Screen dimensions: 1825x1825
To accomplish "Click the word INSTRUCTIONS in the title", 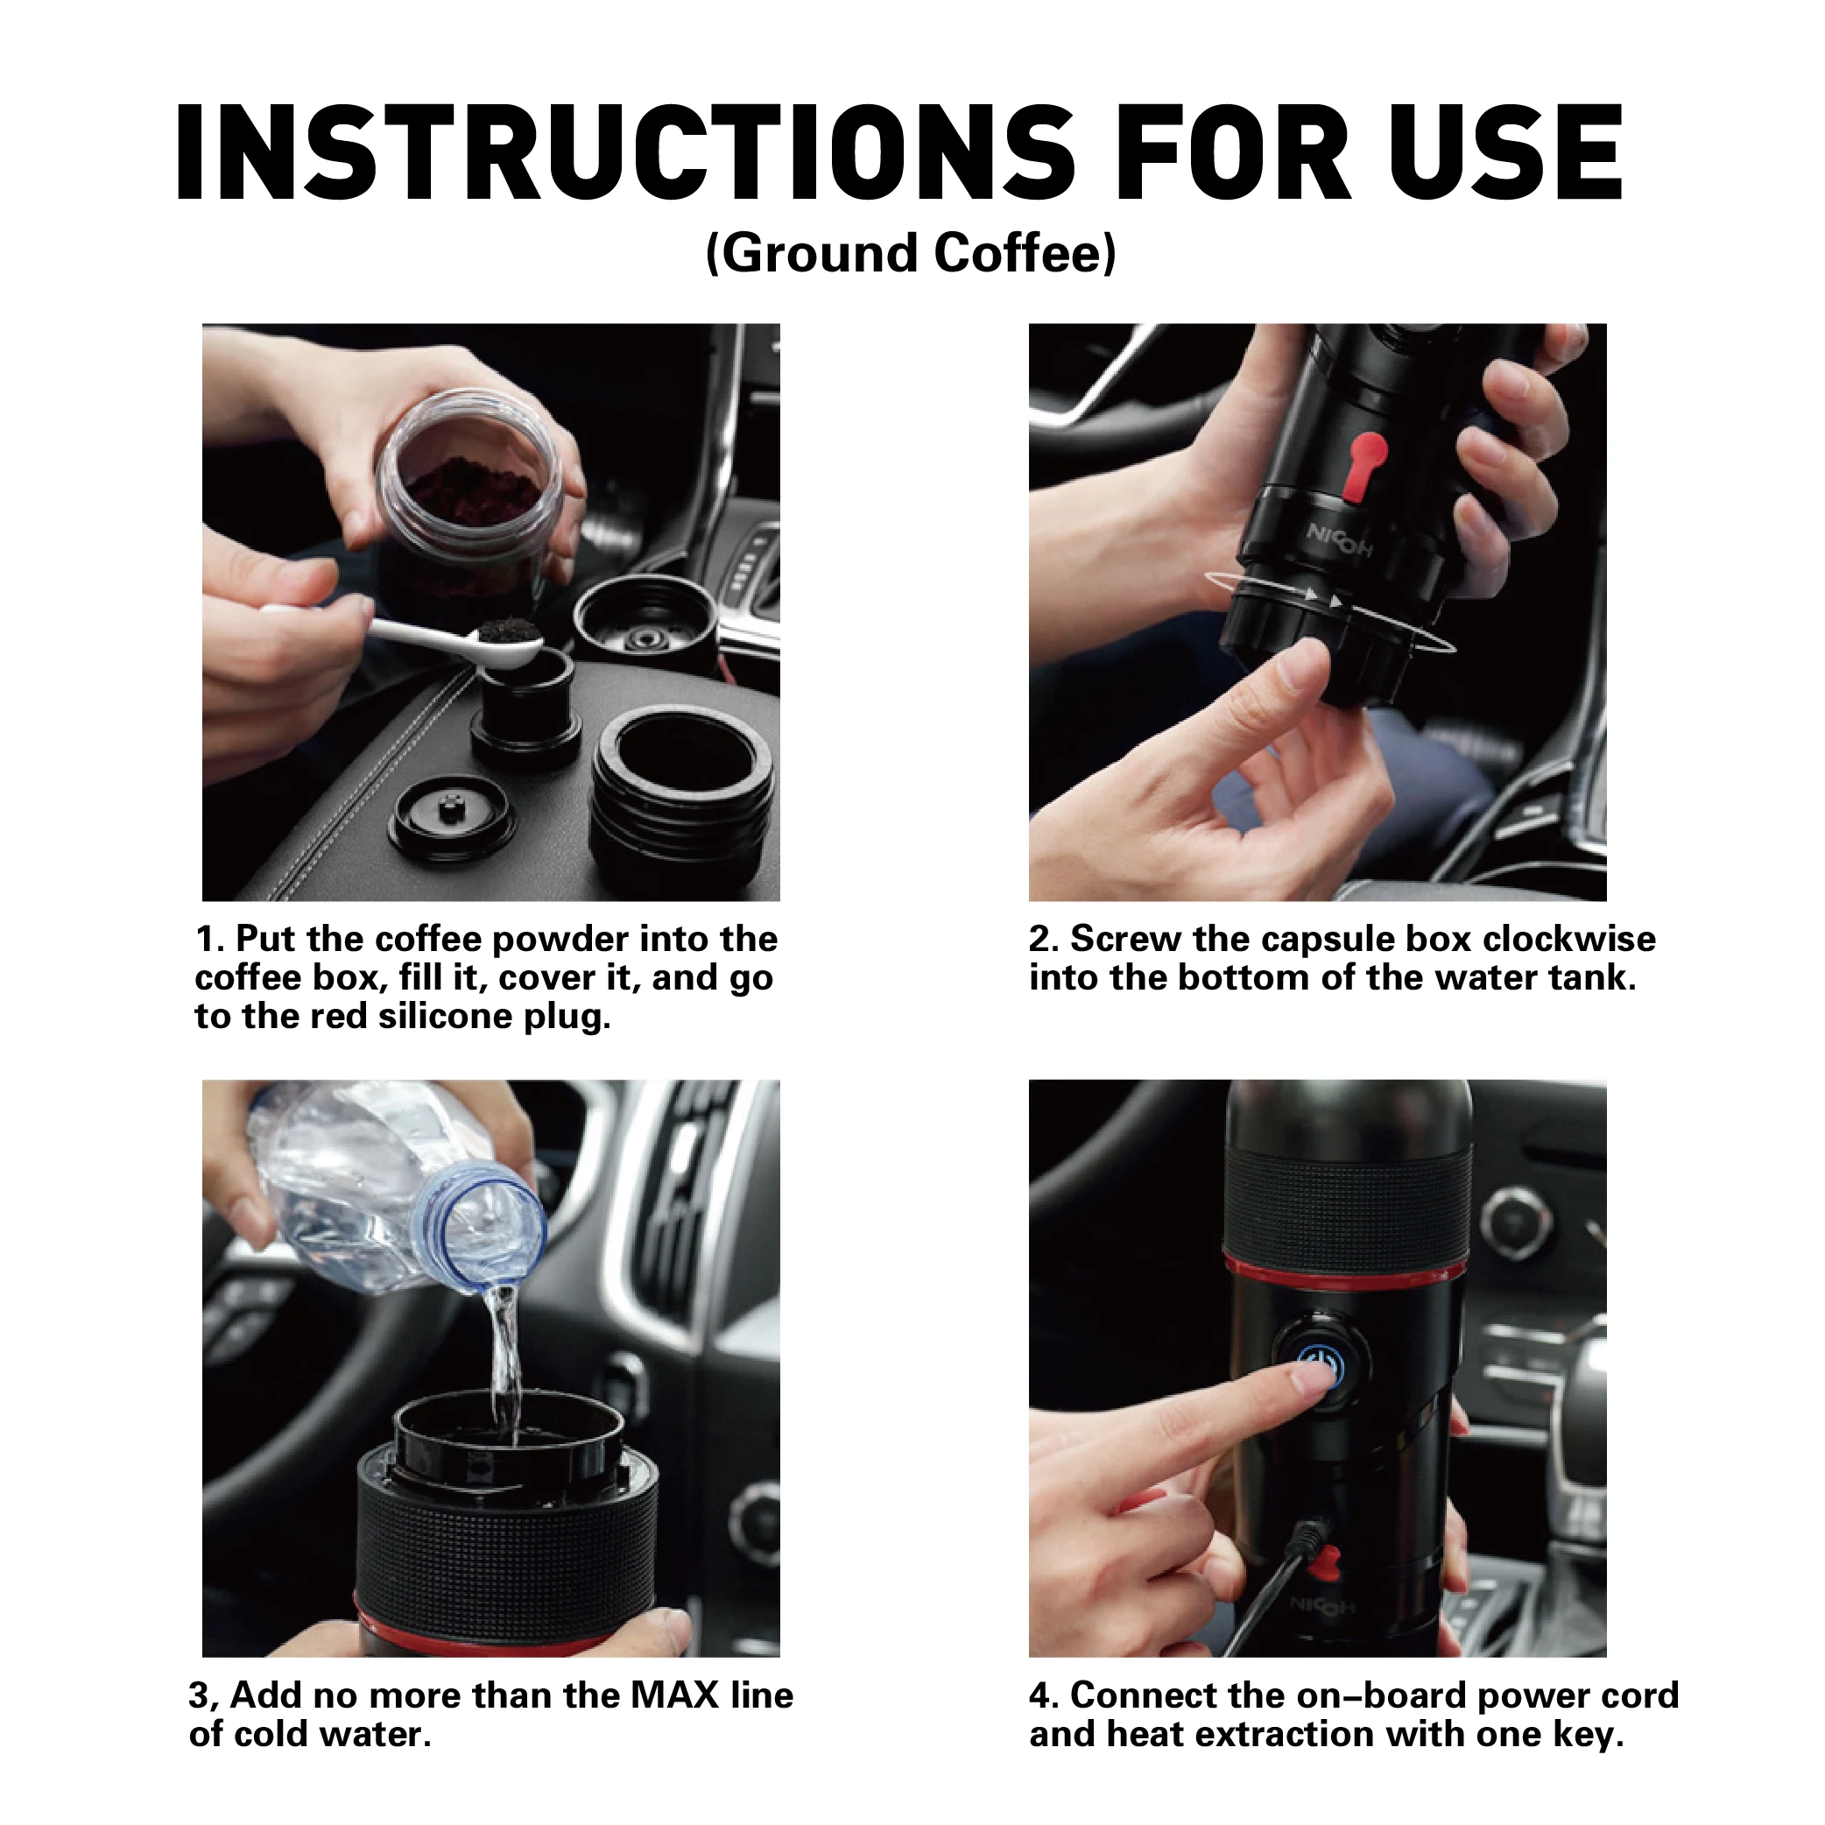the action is (x=624, y=153).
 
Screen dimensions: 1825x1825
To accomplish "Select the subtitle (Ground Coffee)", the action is (x=912, y=253).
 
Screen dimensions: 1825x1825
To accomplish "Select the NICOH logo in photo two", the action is (x=1340, y=539).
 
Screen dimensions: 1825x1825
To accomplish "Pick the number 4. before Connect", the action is (x=1045, y=1695).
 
